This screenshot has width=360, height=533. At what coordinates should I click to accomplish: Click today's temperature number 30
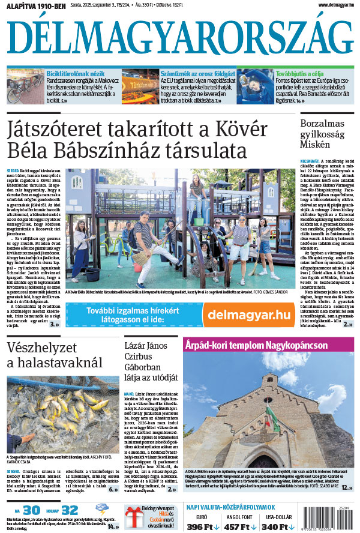[x=32, y=510]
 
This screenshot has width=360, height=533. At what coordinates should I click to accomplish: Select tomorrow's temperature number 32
[x=70, y=510]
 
